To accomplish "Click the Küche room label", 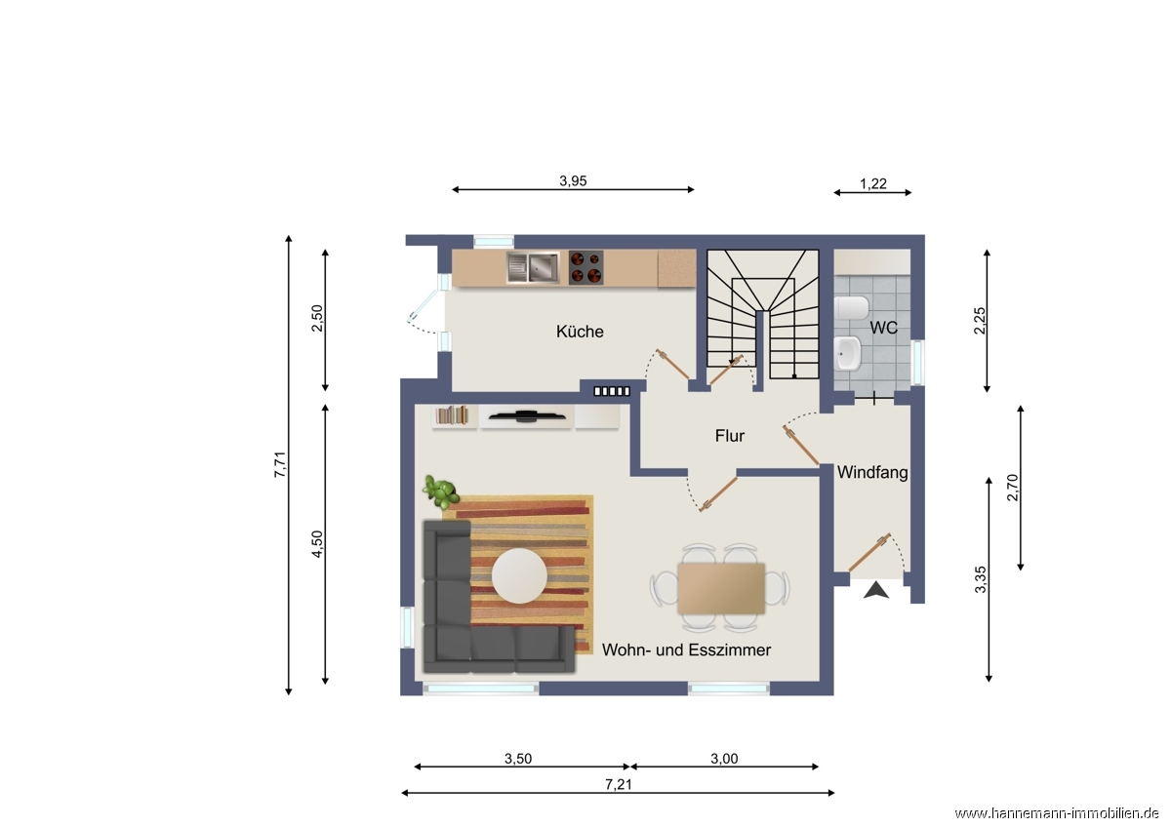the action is [580, 332].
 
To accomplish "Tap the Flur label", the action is [730, 436].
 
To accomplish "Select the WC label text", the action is [883, 328].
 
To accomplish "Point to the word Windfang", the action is [872, 472].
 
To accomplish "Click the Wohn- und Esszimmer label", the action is [686, 650].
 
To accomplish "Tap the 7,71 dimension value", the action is [280, 464].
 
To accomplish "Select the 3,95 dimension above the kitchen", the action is [573, 180].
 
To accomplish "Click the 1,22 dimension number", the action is [873, 184].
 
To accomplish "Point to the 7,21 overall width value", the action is [619, 784].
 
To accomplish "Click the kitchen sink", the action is [533, 267].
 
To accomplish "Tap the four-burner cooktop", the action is [586, 267].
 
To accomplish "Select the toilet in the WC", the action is [852, 309].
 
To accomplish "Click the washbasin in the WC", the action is [848, 353].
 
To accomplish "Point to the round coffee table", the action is [519, 575].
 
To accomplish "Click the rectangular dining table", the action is [721, 588].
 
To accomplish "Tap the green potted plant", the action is [441, 492].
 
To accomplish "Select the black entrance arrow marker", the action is [876, 590].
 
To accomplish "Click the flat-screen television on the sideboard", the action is [527, 416].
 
